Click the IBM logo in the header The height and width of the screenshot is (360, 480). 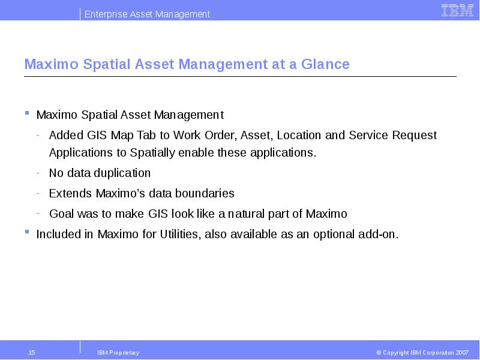click(457, 10)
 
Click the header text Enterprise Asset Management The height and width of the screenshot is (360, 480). click(147, 14)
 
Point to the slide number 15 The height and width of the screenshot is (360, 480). click(32, 353)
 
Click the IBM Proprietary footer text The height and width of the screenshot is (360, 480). click(118, 353)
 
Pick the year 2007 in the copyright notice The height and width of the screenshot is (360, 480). click(462, 353)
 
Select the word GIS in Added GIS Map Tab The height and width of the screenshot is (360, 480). click(97, 135)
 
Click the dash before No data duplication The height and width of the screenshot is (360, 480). click(38, 173)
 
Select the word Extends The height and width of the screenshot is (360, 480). click(70, 194)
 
